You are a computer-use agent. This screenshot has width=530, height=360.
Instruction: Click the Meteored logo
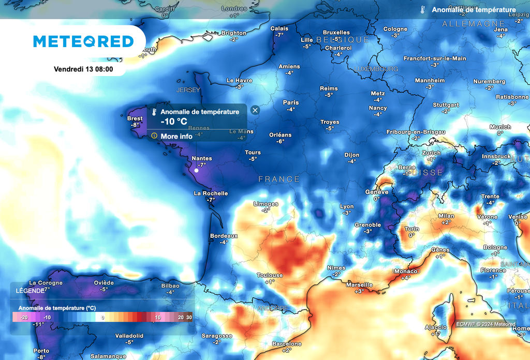tap(83, 41)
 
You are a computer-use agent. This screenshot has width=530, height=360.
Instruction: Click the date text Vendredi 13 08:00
tap(83, 69)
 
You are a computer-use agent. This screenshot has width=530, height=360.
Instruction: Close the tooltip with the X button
tap(255, 110)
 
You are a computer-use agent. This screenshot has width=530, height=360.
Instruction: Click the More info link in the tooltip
tap(176, 136)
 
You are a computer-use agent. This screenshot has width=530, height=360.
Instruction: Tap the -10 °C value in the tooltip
tap(174, 121)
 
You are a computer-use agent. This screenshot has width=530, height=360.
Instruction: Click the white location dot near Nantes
tap(197, 170)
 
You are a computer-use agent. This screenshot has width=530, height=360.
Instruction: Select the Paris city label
tap(291, 102)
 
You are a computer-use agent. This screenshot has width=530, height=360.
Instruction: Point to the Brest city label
tap(135, 118)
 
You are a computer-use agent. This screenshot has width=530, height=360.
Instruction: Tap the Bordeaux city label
tap(224, 236)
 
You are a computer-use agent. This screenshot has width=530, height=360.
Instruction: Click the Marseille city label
tap(359, 285)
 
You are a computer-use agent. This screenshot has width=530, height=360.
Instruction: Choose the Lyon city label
tap(347, 206)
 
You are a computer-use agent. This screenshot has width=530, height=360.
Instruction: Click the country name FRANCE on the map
tap(279, 179)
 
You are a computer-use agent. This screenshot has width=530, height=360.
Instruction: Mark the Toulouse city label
tap(270, 275)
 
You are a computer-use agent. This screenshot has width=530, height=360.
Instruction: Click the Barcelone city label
tap(287, 344)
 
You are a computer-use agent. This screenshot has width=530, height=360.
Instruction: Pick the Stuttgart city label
tap(446, 104)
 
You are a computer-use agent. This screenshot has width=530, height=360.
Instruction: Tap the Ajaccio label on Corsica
tap(435, 327)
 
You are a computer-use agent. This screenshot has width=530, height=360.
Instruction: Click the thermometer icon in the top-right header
tap(423, 10)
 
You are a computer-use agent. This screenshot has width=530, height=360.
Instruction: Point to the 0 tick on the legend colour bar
tap(102, 317)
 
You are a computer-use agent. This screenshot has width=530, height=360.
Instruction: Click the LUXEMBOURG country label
tap(376, 69)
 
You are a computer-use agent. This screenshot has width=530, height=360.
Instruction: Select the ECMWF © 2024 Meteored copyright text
tap(485, 324)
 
